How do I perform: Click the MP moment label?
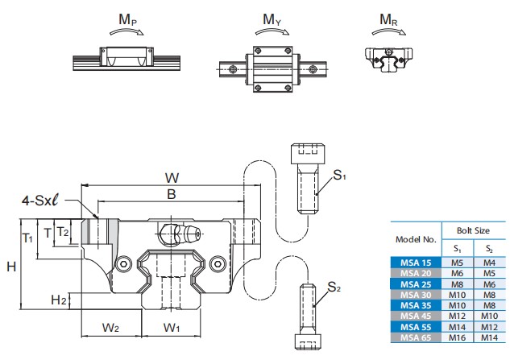point(127,20)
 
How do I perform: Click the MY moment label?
point(272,19)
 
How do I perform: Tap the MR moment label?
point(388,20)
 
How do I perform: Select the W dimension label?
point(172,178)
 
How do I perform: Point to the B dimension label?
point(172,194)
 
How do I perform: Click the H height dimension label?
point(11,267)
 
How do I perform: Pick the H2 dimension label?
point(59,300)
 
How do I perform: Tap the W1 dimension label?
point(171,328)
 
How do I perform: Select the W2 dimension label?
point(110,328)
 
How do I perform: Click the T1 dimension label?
point(27,238)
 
